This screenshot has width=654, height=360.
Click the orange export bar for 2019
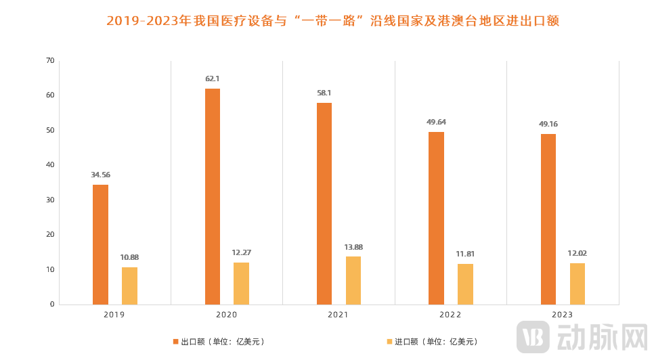[100, 244]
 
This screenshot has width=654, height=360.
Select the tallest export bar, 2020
[213, 196]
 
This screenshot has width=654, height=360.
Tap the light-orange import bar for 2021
[353, 280]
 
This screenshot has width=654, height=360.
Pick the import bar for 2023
[577, 284]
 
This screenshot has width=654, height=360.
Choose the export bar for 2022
[437, 218]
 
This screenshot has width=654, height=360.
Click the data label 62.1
[213, 79]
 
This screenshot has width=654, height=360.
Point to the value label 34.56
[100, 175]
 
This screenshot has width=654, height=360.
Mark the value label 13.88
[353, 247]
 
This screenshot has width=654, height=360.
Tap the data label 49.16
[548, 125]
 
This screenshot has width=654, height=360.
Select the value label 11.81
[465, 254]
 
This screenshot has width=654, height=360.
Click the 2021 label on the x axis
[339, 315]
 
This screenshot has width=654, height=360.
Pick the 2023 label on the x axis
[563, 315]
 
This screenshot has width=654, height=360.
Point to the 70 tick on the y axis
[49, 61]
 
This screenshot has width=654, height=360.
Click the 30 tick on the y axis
[49, 200]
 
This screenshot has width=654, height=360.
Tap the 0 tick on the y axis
[51, 305]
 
